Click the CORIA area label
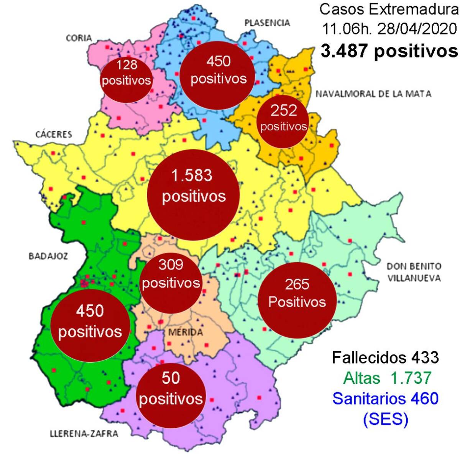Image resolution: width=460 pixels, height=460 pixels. click(x=79, y=38)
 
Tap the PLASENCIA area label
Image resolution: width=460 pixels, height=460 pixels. click(x=267, y=23)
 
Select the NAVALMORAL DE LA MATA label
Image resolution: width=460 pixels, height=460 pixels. click(x=373, y=94)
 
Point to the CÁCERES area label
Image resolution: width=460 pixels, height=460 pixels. click(x=54, y=134)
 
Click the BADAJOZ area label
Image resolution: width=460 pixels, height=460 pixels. click(x=48, y=256)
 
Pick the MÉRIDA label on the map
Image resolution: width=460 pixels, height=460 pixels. click(x=186, y=332)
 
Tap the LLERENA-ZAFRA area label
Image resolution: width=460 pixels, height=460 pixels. click(x=84, y=434)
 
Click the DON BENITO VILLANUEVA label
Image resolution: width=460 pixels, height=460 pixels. click(x=414, y=272)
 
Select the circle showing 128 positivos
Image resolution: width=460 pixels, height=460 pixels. click(x=127, y=80)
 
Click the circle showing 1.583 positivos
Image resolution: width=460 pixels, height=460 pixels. click(x=194, y=195)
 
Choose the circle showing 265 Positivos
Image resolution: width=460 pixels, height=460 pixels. click(x=297, y=301)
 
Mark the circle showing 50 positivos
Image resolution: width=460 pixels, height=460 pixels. click(x=171, y=395)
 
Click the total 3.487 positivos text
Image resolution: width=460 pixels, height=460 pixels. click(x=389, y=51)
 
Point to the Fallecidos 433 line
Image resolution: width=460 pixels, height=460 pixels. click(x=385, y=358)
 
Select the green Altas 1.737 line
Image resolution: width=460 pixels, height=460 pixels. click(x=388, y=378)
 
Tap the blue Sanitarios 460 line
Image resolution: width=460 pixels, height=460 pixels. click(x=385, y=399)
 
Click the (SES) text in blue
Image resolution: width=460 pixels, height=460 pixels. click(x=385, y=419)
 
